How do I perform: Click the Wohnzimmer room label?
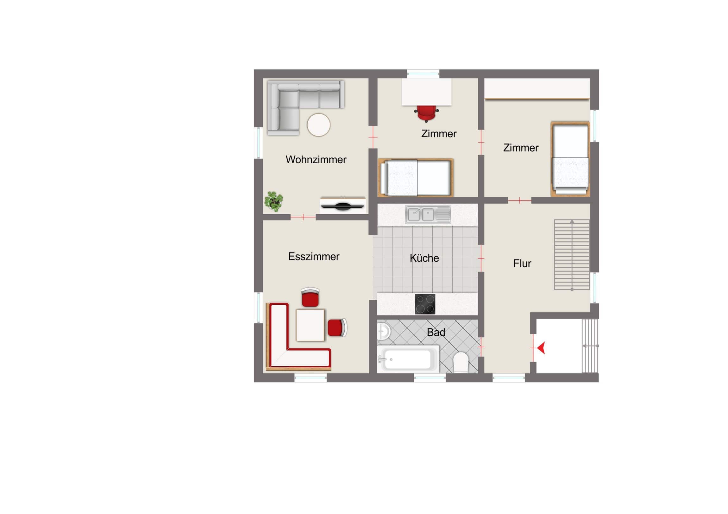[x=316, y=160]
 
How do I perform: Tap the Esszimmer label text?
[x=314, y=256]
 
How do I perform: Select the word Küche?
[x=424, y=258]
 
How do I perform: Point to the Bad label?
[x=436, y=332]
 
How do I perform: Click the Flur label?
[x=522, y=264]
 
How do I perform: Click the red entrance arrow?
[x=541, y=348]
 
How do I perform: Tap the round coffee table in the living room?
[x=319, y=125]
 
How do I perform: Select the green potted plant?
[x=274, y=201]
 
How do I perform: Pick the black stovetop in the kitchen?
[x=425, y=304]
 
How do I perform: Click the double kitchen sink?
[x=428, y=214]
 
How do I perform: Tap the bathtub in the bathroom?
[x=408, y=359]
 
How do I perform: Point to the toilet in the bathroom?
[x=461, y=362]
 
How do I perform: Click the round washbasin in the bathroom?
[x=383, y=332]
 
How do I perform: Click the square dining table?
[x=311, y=325]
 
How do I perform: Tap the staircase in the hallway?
[x=572, y=254]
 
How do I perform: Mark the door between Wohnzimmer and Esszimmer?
[x=303, y=217]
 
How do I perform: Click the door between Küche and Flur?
[x=481, y=259]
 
